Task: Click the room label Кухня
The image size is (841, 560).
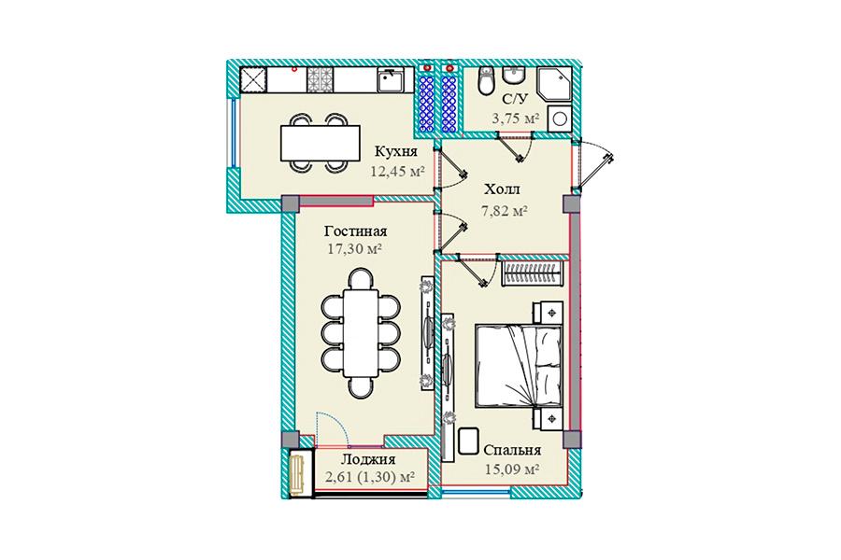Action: click(396, 151)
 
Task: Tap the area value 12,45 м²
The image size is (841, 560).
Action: click(397, 172)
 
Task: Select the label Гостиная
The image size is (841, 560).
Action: click(355, 231)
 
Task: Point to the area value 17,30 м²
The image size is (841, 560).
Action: click(354, 249)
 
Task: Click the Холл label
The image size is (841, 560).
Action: click(502, 189)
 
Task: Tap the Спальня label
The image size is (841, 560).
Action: click(512, 450)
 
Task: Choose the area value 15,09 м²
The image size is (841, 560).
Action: click(512, 470)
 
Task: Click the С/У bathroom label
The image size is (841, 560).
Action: click(516, 99)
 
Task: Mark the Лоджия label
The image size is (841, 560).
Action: click(368, 459)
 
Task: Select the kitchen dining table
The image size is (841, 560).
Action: click(321, 143)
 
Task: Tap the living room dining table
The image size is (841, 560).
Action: click(361, 333)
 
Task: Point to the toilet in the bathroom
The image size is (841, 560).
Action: click(486, 81)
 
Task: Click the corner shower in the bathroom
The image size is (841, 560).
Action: click(554, 83)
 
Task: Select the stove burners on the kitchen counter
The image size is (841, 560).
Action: click(320, 80)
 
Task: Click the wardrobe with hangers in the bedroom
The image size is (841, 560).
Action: click(535, 274)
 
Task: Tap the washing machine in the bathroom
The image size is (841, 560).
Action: click(560, 119)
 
